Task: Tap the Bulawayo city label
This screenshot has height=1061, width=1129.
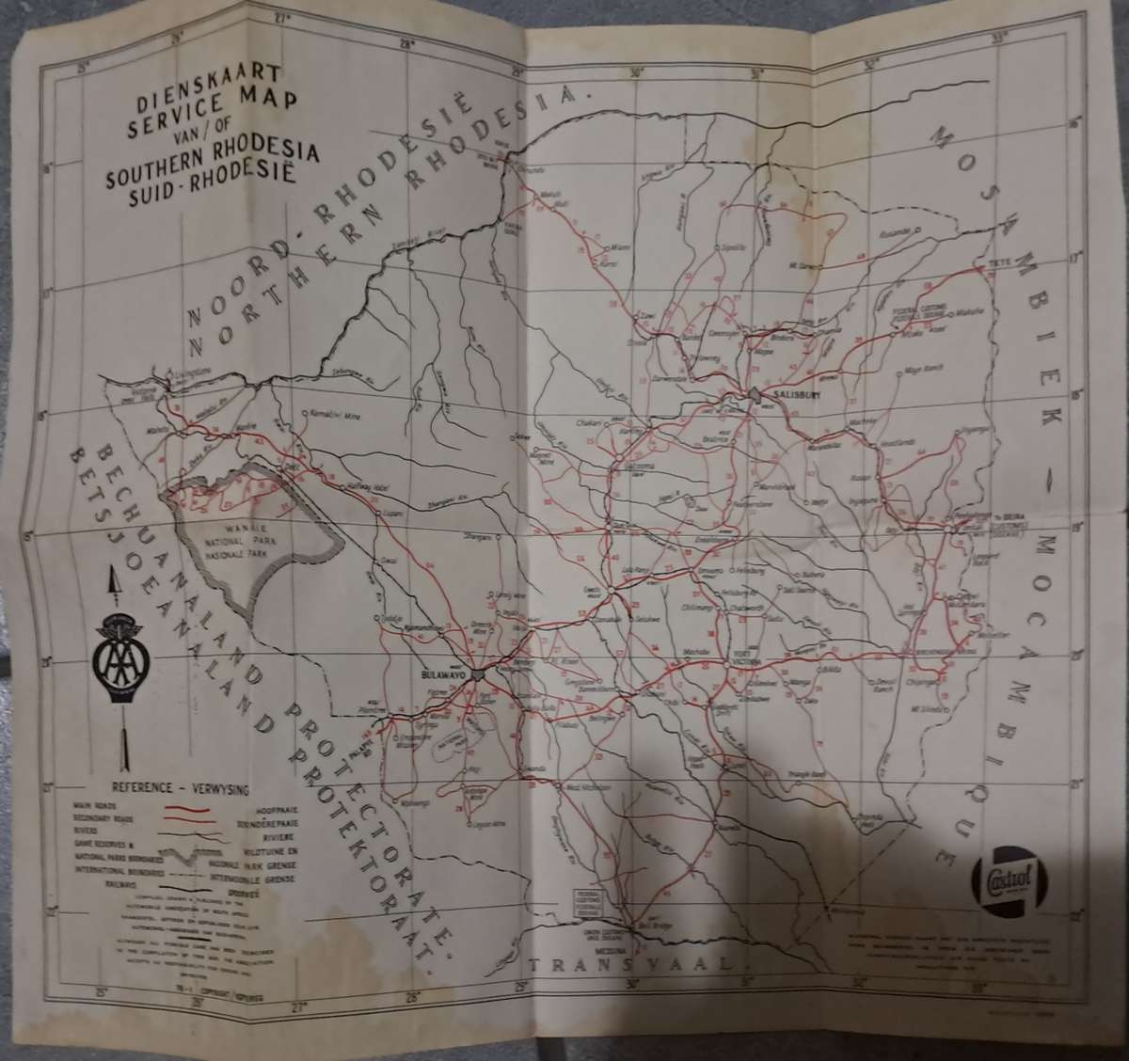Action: tap(443, 674)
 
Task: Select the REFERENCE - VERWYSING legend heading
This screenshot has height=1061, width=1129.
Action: tap(176, 789)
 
